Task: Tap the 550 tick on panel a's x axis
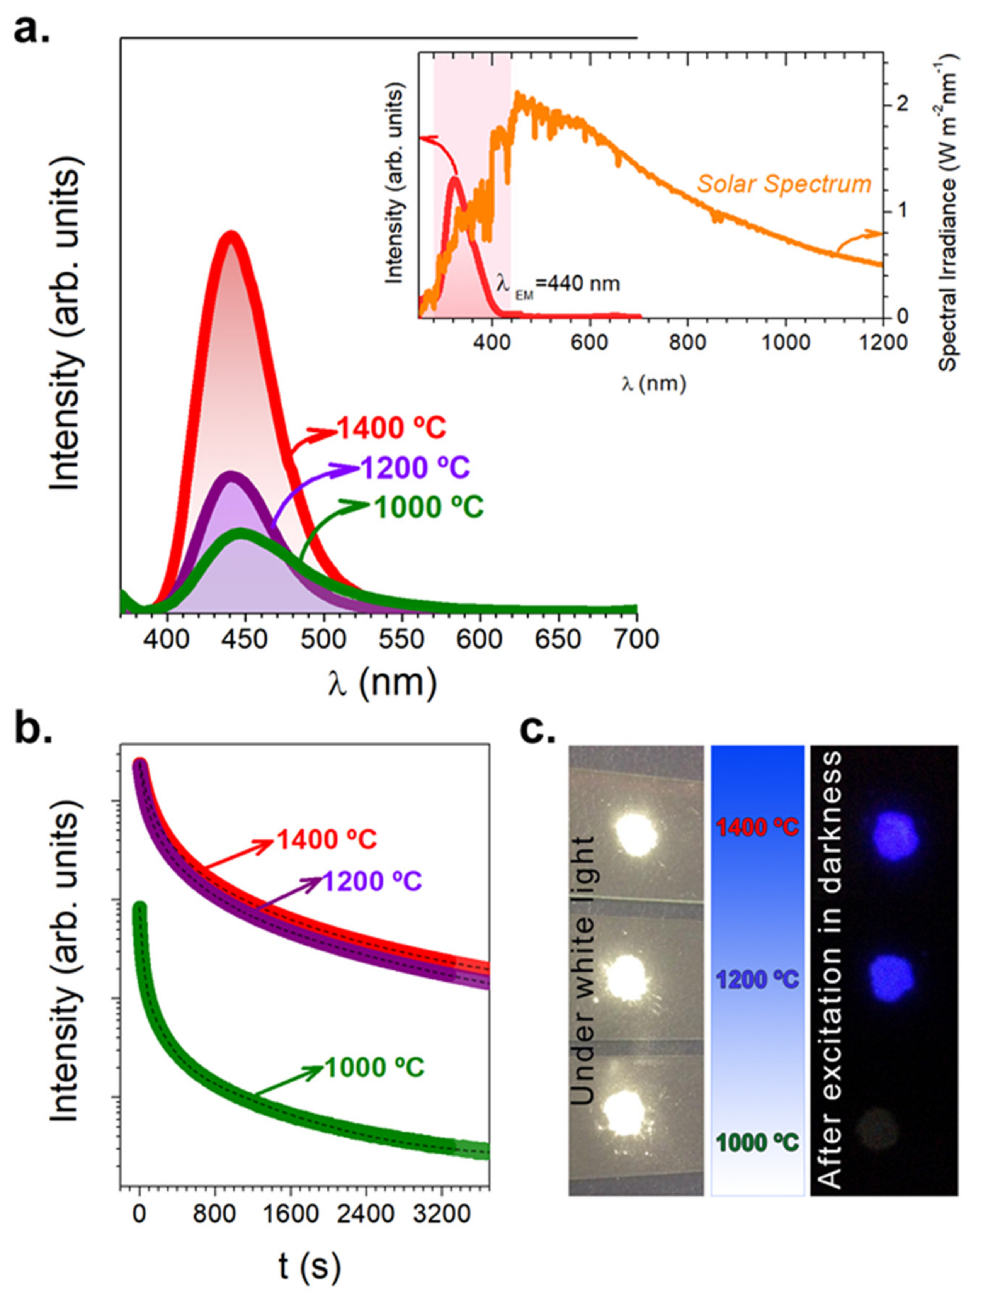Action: [x=402, y=639]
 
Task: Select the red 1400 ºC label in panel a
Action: [x=392, y=429]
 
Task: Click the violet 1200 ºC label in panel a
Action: [x=415, y=468]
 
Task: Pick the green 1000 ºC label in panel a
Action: [x=429, y=507]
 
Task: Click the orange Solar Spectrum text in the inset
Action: [x=784, y=184]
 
